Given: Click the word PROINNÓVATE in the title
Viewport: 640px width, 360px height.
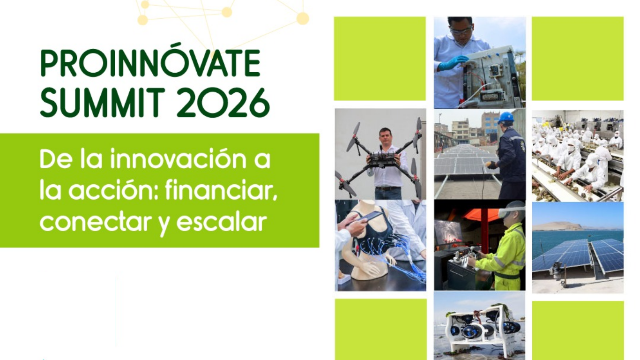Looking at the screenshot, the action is [x=150, y=60].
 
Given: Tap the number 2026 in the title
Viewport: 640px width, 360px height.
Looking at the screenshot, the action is [x=225, y=103].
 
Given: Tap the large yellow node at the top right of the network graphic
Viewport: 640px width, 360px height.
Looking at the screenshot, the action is [x=303, y=18].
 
